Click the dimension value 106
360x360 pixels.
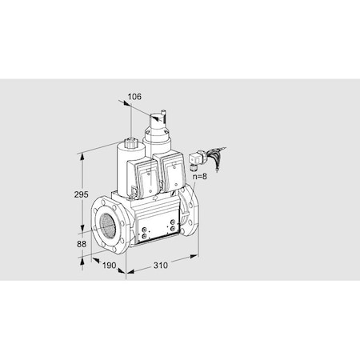[134, 97]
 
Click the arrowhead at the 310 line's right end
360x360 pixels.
[197, 255]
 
